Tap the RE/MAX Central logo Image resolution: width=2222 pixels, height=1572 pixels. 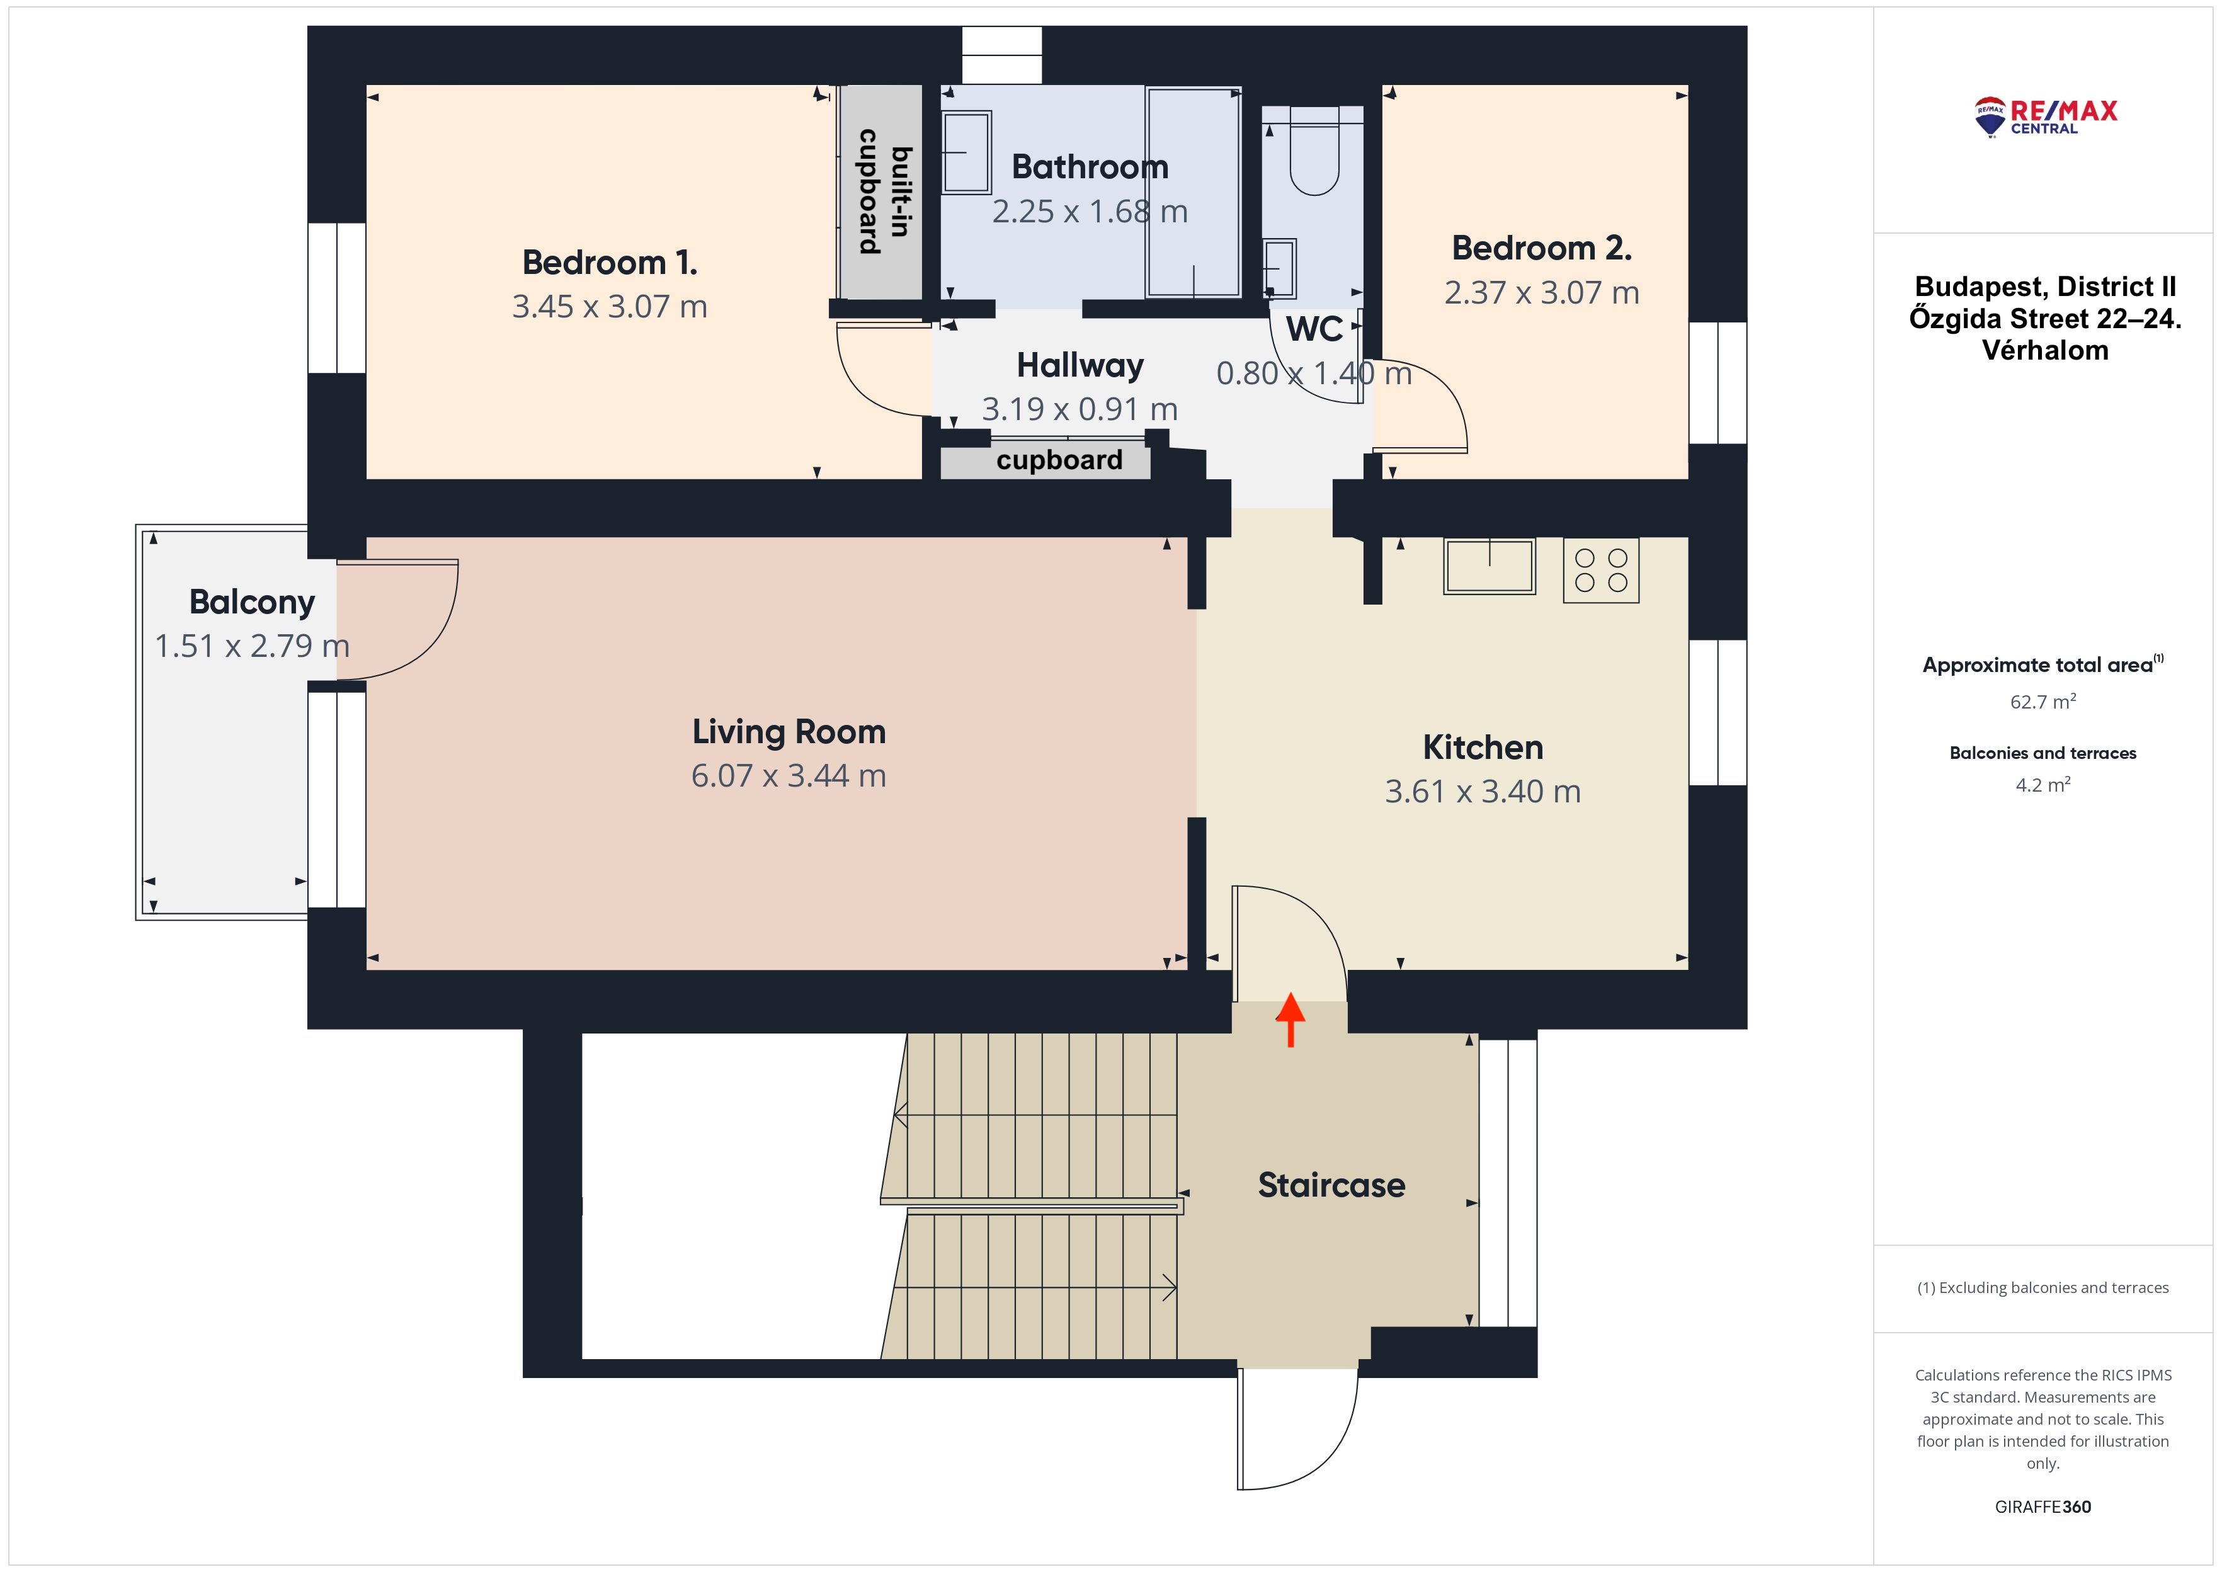point(2045,116)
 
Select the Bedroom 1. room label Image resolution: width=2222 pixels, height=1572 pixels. point(610,263)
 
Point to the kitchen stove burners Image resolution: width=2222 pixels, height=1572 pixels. point(1601,570)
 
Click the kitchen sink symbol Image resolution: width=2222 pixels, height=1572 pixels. point(1490,566)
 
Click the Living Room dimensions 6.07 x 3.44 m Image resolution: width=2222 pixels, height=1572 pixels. point(789,775)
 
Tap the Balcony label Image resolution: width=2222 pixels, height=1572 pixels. point(252,602)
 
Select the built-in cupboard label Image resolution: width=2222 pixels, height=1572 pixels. point(886,191)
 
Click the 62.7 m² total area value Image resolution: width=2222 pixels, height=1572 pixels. point(2043,702)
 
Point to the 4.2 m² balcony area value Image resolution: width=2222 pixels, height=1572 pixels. point(2043,785)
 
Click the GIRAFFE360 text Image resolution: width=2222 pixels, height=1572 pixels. point(2043,1507)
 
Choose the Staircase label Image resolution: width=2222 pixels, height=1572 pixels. point(1331,1185)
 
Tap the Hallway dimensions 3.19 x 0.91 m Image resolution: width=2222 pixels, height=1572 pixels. point(1080,409)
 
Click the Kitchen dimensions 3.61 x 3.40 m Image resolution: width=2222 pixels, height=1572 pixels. point(1483,791)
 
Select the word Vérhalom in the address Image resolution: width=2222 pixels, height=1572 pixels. point(2045,350)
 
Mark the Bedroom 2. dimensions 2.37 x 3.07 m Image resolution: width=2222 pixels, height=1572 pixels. point(1542,292)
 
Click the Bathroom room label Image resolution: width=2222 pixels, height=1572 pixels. point(1090,166)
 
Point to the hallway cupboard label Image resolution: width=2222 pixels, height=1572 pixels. point(1060,460)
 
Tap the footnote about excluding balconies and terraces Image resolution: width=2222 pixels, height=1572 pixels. point(2043,1287)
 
